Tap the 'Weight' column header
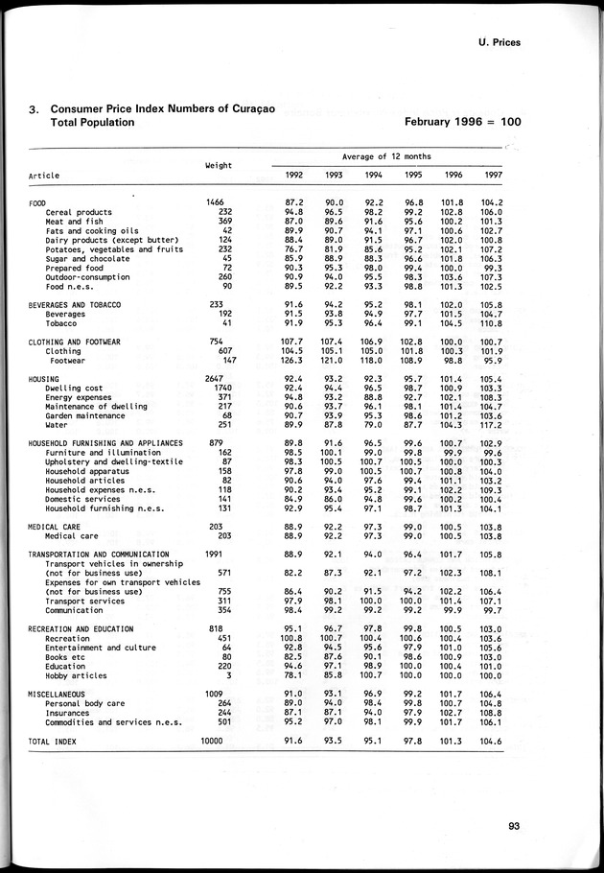(x=219, y=165)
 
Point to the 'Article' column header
(x=44, y=177)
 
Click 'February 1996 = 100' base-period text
(x=462, y=122)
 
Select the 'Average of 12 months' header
(x=387, y=155)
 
